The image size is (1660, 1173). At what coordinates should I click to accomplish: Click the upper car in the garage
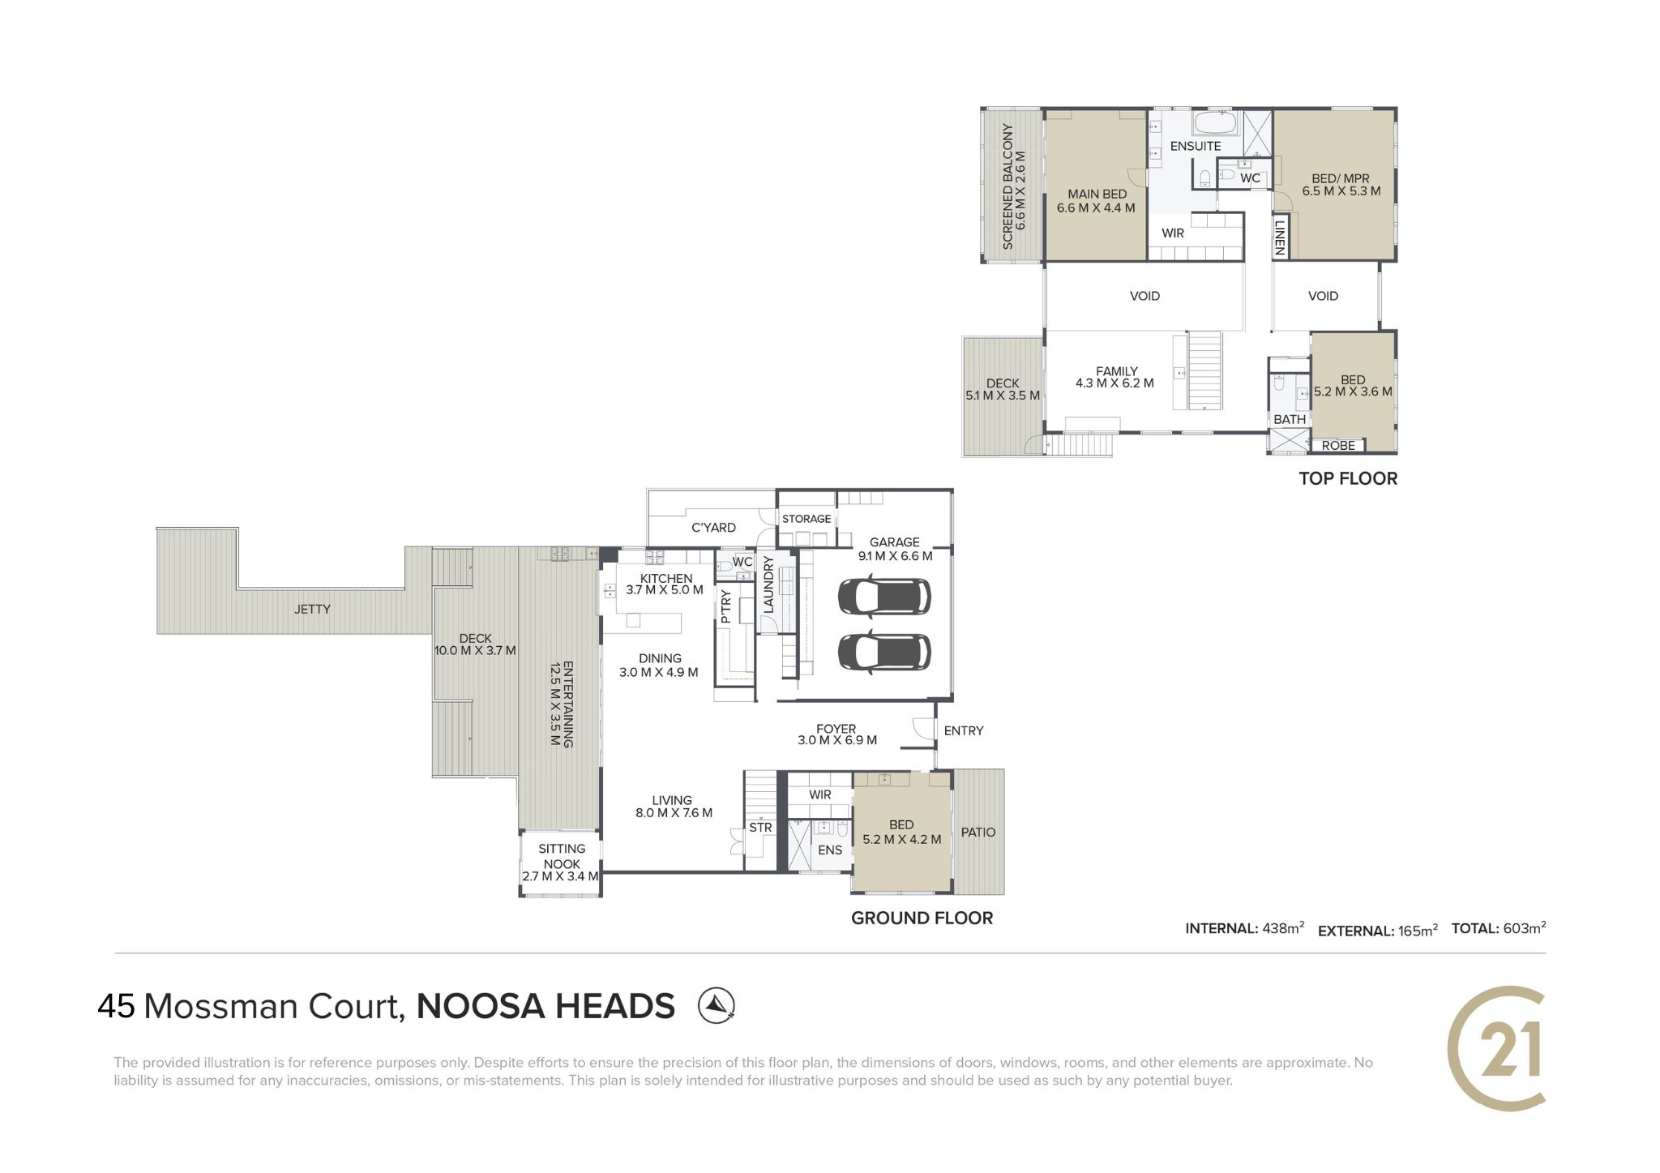coord(883,597)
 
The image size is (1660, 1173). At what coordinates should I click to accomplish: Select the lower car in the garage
coord(883,653)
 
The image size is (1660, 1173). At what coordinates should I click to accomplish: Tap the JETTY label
coord(312,609)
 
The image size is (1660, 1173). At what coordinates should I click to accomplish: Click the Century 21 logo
coord(1496,1048)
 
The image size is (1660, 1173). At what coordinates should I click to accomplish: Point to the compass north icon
coord(717,1005)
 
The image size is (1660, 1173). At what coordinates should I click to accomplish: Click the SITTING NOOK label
coord(562,856)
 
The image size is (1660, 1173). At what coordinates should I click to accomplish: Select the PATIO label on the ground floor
coord(978,832)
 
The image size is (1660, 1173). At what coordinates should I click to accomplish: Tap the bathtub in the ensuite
coord(1214,124)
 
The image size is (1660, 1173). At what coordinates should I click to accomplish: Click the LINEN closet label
coord(1280,237)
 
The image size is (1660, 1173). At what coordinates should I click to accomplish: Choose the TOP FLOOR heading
coord(1348,478)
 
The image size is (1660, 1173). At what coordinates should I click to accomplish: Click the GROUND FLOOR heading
coord(922,918)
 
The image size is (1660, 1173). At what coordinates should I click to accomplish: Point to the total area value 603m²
coord(1524,928)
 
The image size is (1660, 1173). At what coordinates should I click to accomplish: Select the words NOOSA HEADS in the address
coord(545,1006)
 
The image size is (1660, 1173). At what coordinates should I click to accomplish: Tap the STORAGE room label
coord(806,519)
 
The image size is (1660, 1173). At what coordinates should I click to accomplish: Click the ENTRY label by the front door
coord(964,730)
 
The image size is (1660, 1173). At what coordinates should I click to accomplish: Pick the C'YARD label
coord(713,527)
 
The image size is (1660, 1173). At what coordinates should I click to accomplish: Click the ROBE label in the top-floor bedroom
coord(1338,445)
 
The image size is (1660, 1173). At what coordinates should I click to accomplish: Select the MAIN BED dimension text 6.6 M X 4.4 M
coord(1096,208)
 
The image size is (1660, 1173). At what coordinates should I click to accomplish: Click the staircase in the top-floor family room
coord(1205,370)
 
